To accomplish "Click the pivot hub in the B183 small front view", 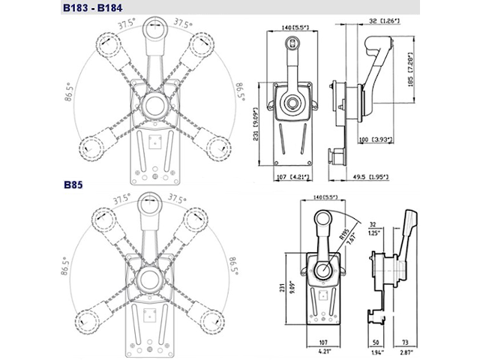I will pos(289,102).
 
